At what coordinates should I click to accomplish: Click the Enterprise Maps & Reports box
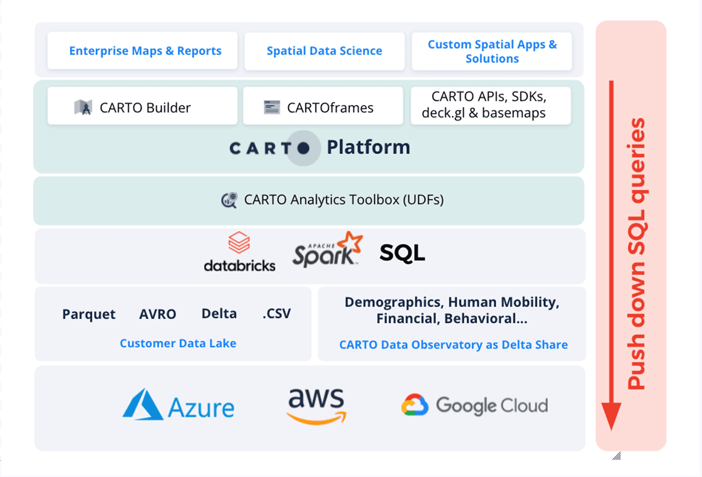[x=142, y=51]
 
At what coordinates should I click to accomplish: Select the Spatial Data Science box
[x=324, y=51]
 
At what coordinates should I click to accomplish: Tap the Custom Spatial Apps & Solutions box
[x=492, y=51]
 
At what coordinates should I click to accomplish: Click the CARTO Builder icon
[x=83, y=107]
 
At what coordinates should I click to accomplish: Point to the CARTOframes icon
[x=272, y=107]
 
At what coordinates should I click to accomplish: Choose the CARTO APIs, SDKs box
[x=491, y=106]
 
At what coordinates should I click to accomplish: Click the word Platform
[x=368, y=148]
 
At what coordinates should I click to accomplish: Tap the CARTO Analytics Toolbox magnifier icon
[x=229, y=200]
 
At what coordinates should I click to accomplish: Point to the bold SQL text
[x=402, y=253]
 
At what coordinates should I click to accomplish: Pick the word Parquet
[x=89, y=315]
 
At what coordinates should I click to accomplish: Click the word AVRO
[x=158, y=315]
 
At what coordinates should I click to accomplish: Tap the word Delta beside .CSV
[x=219, y=313]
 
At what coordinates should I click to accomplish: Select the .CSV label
[x=276, y=314]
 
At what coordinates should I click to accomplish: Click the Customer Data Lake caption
[x=178, y=343]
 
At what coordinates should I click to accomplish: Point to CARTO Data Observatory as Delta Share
[x=453, y=345]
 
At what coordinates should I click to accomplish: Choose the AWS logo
[x=316, y=406]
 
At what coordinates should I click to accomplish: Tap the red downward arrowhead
[x=611, y=416]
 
